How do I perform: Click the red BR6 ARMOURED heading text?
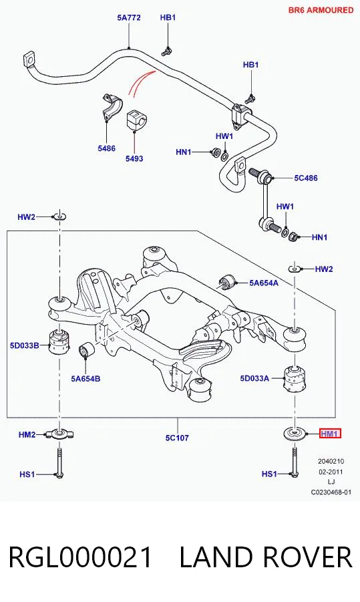coord(321,10)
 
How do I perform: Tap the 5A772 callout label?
coord(129,17)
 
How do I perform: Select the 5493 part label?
coord(134,158)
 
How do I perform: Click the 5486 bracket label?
coord(106,148)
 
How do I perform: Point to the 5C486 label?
coord(306,178)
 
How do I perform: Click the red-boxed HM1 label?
coord(330,434)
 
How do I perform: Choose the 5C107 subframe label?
coord(177,438)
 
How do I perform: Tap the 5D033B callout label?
coord(25,345)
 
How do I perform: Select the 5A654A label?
coord(264,283)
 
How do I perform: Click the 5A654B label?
coord(85,379)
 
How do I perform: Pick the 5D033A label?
coord(255,378)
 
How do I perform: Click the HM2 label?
coord(27,434)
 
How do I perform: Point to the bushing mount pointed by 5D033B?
coord(59,341)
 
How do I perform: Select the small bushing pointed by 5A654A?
coord(227,282)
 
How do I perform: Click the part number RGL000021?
coord(81,557)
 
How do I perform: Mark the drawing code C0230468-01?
coord(331,492)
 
